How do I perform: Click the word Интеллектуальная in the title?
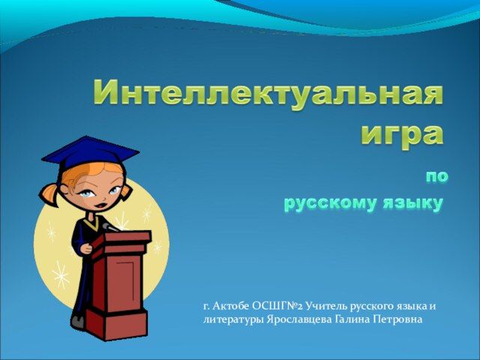[268, 92]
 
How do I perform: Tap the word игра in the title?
[402, 136]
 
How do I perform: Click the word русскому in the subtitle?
[330, 204]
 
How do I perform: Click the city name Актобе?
[231, 306]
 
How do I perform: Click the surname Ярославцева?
[299, 320]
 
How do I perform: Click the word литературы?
[232, 320]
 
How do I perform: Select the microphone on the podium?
[109, 227]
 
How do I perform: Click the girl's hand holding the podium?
[86, 248]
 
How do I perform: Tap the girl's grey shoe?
[78, 321]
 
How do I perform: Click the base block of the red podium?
[115, 324]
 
